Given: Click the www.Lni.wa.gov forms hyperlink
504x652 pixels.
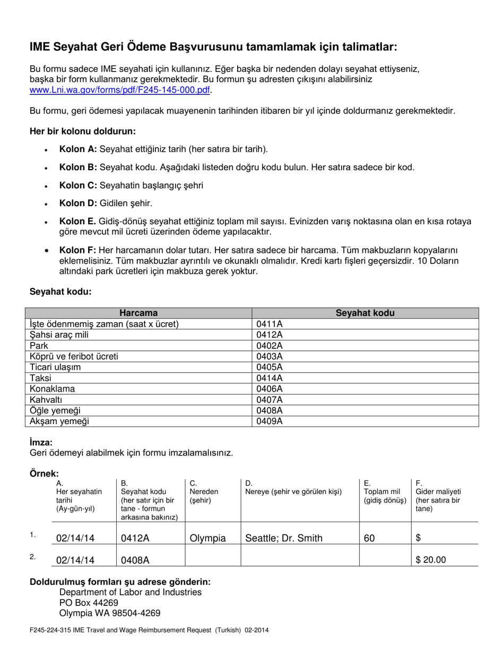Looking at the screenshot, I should [x=120, y=90].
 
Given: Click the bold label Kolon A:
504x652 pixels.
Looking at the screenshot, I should [x=78, y=149].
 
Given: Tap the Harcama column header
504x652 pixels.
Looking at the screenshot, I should [x=138, y=313].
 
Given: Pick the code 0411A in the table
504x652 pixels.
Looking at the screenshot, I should [x=270, y=324].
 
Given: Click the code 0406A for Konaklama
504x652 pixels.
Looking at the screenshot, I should [x=270, y=389].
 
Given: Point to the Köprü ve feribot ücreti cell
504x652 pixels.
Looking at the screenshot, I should [x=74, y=356].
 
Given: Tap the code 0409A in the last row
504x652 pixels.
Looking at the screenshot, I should [x=270, y=421].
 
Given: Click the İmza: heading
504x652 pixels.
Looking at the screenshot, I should [x=41, y=442].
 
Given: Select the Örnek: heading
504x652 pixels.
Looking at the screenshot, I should [x=44, y=473].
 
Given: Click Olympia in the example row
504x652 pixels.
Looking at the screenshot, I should [x=207, y=539].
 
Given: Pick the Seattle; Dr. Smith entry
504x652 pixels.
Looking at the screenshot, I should [x=283, y=539].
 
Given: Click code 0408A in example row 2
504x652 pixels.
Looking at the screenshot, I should [x=135, y=560].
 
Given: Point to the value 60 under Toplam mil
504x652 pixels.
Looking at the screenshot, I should [x=369, y=539].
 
